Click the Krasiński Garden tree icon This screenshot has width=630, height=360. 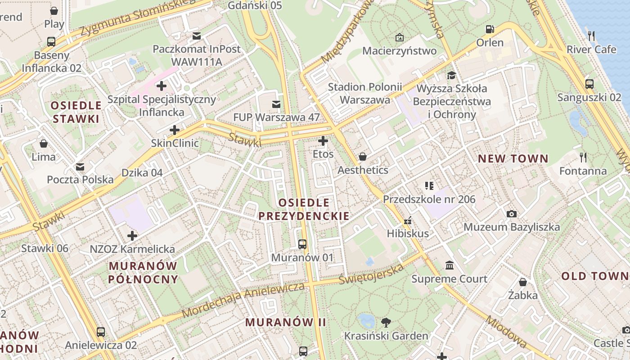386,322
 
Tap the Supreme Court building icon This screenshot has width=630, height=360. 449,265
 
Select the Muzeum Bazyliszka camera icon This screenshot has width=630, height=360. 511,214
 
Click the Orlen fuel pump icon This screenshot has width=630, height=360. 490,29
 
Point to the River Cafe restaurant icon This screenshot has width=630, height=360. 591,36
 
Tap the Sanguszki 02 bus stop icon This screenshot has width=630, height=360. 589,84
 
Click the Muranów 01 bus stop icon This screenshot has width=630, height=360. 302,244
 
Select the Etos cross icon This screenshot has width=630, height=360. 323,141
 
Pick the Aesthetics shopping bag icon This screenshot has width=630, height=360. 362,157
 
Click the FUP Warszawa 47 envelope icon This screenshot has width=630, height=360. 276,104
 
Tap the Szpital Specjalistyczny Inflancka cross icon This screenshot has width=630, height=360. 162,85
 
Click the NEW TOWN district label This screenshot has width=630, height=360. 513,158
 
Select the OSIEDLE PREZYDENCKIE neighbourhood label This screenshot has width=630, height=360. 304,209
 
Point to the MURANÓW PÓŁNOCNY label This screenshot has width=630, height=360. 143,273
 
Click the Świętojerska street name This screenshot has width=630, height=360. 372,273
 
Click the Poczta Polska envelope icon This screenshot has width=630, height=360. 80,167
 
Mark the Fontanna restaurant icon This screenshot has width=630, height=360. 583,157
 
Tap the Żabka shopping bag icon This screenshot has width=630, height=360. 522,282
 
